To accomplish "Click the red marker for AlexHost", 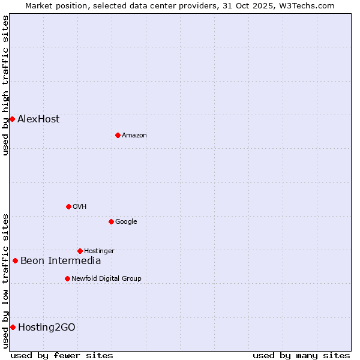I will (12, 119).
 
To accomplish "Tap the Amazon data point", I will (118, 135).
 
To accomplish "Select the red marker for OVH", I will (68, 206).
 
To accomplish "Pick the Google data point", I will (111, 221).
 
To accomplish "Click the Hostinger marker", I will (80, 251).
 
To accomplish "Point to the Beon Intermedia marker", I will (15, 260).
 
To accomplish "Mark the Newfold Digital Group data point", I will (67, 278).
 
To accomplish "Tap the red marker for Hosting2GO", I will (13, 327).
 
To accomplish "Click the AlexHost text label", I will (38, 119).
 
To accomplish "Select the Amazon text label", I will (134, 135).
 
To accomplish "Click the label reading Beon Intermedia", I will (61, 260).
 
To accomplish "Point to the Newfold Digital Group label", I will (106, 278).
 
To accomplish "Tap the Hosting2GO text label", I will (47, 327).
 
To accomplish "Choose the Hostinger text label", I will (99, 251).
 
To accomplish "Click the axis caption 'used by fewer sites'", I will (62, 355).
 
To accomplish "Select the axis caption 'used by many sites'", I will (301, 355).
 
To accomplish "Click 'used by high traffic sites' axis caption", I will (6, 85).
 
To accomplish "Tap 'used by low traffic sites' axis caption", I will (6, 280).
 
